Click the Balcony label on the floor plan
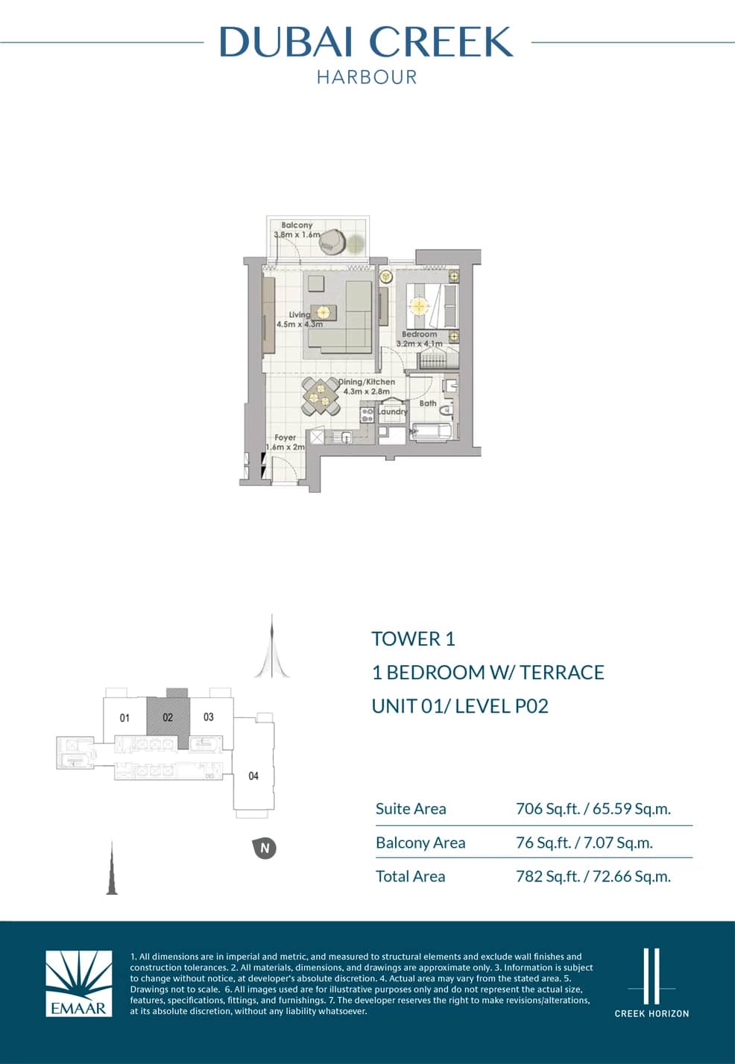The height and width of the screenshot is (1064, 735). click(x=297, y=225)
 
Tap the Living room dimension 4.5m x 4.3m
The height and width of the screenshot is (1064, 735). click(x=300, y=324)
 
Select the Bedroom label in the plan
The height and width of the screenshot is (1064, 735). click(x=420, y=335)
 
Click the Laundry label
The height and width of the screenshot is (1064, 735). click(x=392, y=412)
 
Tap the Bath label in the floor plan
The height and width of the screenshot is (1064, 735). click(x=428, y=403)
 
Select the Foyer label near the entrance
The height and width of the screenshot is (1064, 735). click(x=285, y=438)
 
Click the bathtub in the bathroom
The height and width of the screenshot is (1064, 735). click(x=431, y=432)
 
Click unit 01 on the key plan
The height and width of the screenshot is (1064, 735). click(x=124, y=718)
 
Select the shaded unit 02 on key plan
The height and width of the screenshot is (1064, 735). click(x=168, y=717)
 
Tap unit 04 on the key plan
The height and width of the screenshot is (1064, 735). click(x=253, y=776)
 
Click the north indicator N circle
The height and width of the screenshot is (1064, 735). click(x=265, y=848)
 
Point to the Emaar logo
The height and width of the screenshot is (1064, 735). click(x=79, y=983)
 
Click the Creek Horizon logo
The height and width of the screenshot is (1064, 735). click(x=652, y=983)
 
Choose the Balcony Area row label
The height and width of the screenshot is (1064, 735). click(x=420, y=843)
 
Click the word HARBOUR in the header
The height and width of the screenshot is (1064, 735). click(x=367, y=77)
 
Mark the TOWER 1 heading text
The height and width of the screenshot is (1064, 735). click(x=413, y=639)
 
